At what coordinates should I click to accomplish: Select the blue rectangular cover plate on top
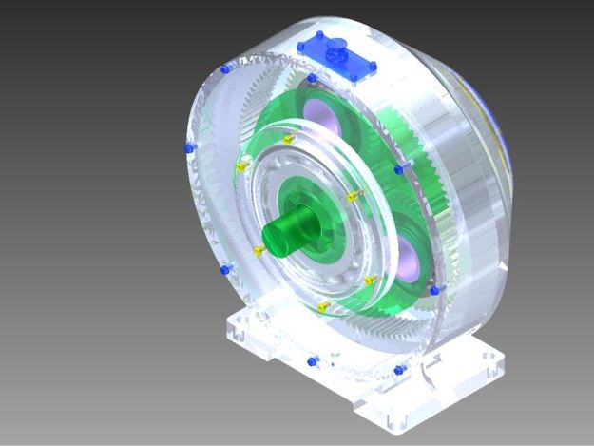[x=337, y=56]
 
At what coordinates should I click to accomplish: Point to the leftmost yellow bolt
[x=240, y=166]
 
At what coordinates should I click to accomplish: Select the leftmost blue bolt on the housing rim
[x=188, y=148]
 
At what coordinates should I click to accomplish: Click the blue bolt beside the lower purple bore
[x=435, y=288]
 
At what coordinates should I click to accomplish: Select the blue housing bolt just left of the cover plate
[x=311, y=78]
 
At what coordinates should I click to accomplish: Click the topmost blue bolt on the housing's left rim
[x=224, y=69]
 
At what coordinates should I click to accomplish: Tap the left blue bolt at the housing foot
[x=314, y=361]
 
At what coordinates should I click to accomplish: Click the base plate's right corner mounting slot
[x=493, y=362]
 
